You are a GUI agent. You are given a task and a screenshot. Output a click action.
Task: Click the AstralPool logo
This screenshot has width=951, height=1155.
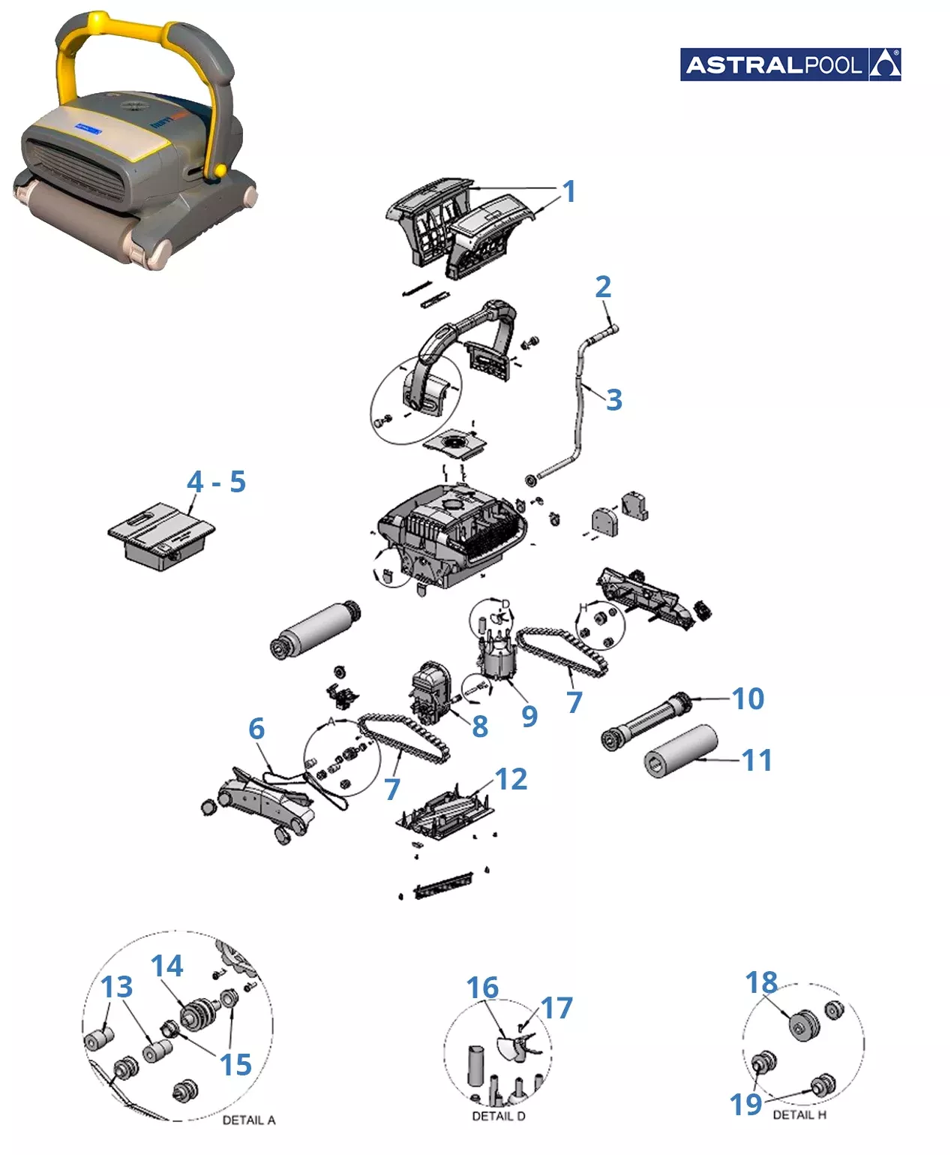(790, 65)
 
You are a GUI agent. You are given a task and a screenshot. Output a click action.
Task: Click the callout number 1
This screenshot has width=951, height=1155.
(569, 191)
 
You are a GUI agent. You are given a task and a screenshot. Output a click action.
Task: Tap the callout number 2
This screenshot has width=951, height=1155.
(603, 287)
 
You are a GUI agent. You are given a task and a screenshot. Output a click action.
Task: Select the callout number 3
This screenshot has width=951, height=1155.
(613, 400)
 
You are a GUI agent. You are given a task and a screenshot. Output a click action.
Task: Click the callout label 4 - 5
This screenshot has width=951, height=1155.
(216, 482)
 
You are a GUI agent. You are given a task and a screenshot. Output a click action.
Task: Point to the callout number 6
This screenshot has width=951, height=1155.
(256, 729)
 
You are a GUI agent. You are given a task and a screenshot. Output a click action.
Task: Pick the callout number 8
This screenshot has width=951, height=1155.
(480, 726)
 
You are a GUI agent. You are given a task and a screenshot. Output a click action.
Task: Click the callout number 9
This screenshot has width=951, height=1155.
(529, 716)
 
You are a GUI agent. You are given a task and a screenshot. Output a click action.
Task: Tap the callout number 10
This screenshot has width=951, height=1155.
(748, 699)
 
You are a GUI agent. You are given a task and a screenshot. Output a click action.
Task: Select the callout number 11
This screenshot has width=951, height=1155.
(757, 760)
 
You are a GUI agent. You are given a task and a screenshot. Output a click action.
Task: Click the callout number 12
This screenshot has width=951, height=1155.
(511, 780)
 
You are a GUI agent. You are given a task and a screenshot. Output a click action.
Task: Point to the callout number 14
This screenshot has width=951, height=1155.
(166, 967)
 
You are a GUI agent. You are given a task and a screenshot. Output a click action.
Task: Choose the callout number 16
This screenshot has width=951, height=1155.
(482, 988)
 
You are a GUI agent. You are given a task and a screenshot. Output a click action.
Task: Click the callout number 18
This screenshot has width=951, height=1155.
(761, 982)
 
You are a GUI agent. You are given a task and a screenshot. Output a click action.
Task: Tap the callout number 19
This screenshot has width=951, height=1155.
(745, 1104)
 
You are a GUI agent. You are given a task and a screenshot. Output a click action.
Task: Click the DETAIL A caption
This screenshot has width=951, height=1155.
(249, 1120)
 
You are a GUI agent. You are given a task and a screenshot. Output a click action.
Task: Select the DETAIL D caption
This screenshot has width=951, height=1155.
(499, 1116)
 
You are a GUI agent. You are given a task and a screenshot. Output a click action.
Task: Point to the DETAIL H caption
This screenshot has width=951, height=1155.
(799, 1115)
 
